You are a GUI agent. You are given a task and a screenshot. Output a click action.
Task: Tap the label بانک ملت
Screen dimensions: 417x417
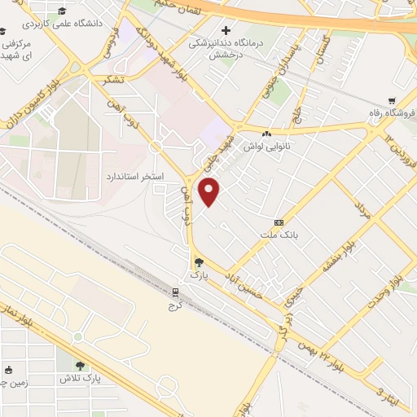coord(274,235)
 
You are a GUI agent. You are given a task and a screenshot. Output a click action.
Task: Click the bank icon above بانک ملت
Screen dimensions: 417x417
coord(279,222)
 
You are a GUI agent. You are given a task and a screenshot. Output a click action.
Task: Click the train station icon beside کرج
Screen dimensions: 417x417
coord(175,292)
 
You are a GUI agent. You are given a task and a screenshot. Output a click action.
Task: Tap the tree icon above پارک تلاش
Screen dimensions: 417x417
coord(80,366)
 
